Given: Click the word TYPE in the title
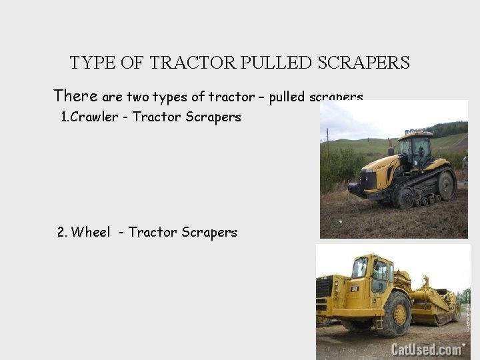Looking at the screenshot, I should tap(93, 63).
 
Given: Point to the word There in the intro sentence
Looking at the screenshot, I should tap(75, 96).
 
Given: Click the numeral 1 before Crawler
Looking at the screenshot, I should tap(64, 117).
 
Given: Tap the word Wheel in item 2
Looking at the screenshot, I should tap(91, 232).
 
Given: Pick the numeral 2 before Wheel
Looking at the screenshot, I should tap(61, 232).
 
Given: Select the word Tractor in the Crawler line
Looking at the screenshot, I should tap(157, 117).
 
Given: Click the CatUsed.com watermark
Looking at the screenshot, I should tap(427, 349).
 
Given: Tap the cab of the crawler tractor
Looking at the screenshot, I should tap(415, 150).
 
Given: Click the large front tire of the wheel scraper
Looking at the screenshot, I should tap(393, 313).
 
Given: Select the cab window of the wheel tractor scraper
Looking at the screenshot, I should tap(381, 271).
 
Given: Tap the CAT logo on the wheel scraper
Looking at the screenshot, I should tap(355, 289).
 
